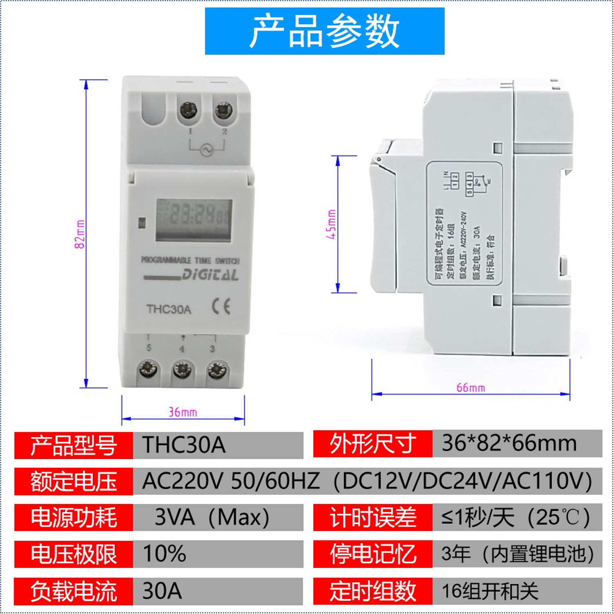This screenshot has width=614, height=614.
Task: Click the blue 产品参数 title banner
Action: (x=325, y=31)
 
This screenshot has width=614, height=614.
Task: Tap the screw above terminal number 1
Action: (x=189, y=111)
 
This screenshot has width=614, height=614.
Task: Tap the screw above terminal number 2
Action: (x=223, y=110)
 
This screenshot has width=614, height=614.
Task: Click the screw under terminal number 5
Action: (x=148, y=370)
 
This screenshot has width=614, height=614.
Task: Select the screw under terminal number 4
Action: (x=182, y=370)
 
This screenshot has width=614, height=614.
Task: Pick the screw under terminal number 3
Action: (x=217, y=370)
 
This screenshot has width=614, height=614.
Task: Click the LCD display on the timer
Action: (x=194, y=220)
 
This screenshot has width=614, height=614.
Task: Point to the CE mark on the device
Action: (x=221, y=307)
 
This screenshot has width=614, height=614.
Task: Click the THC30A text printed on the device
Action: (x=169, y=309)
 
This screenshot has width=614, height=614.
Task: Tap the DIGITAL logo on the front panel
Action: (x=210, y=275)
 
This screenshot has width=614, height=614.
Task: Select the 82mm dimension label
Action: (x=80, y=234)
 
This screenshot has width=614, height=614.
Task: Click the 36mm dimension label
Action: (x=183, y=412)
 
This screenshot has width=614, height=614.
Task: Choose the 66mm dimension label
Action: (x=470, y=387)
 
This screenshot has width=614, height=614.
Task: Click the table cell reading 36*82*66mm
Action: (x=517, y=444)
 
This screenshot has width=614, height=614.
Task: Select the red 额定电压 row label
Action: (x=74, y=481)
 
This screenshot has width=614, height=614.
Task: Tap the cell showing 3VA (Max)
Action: (x=218, y=517)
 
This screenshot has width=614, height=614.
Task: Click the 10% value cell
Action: (x=218, y=554)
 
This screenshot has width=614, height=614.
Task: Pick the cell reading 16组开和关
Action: (x=517, y=591)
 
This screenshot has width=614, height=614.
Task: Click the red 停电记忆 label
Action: (x=373, y=554)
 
